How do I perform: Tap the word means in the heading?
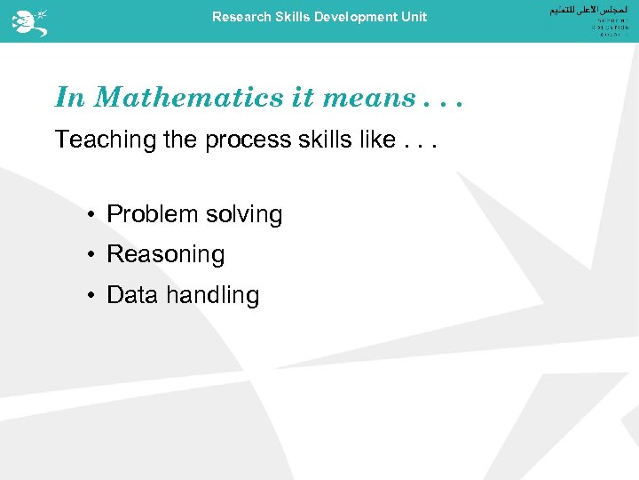pos(368,97)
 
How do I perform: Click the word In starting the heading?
pos(70,97)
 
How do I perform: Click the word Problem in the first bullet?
pos(152,214)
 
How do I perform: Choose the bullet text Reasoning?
pos(166,255)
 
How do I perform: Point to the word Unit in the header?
pos(414,17)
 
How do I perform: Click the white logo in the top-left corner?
pos(29,21)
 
